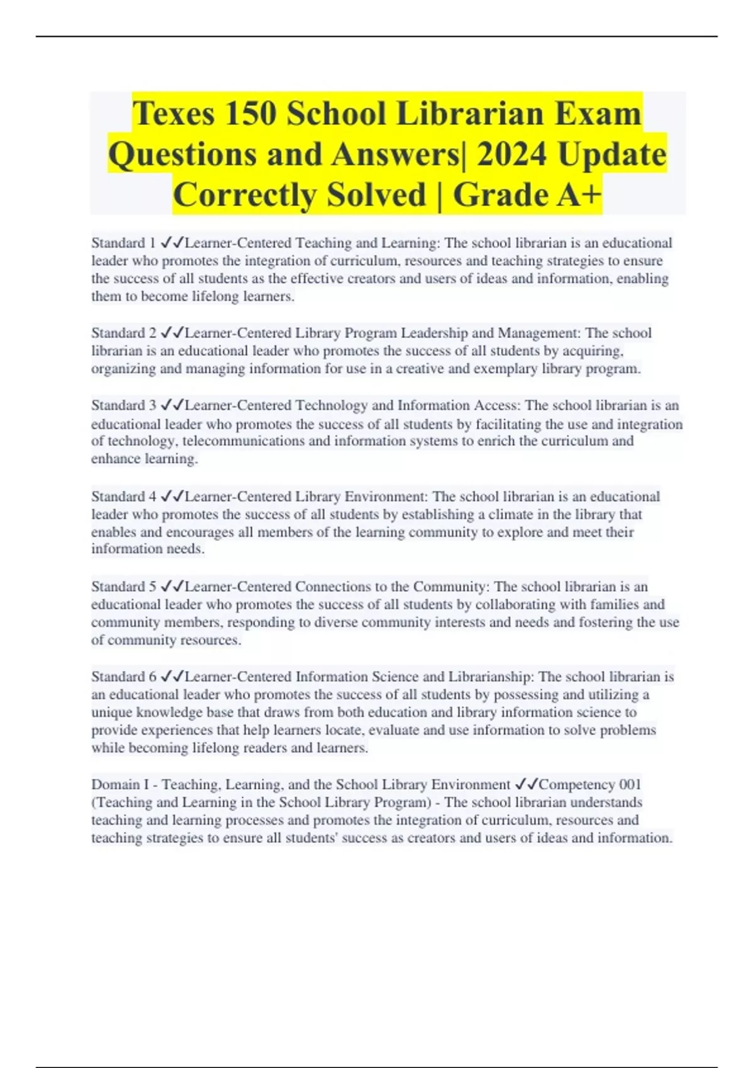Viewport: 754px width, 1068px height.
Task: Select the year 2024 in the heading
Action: [511, 155]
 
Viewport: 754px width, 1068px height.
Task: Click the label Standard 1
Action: [123, 243]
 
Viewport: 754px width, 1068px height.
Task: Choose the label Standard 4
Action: [123, 497]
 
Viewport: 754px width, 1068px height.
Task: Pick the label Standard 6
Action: [123, 677]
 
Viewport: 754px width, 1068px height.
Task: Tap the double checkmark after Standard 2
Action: [172, 333]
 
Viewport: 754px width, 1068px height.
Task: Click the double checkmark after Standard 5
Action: [172, 587]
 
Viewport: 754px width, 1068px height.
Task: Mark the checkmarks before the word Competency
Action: [527, 785]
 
